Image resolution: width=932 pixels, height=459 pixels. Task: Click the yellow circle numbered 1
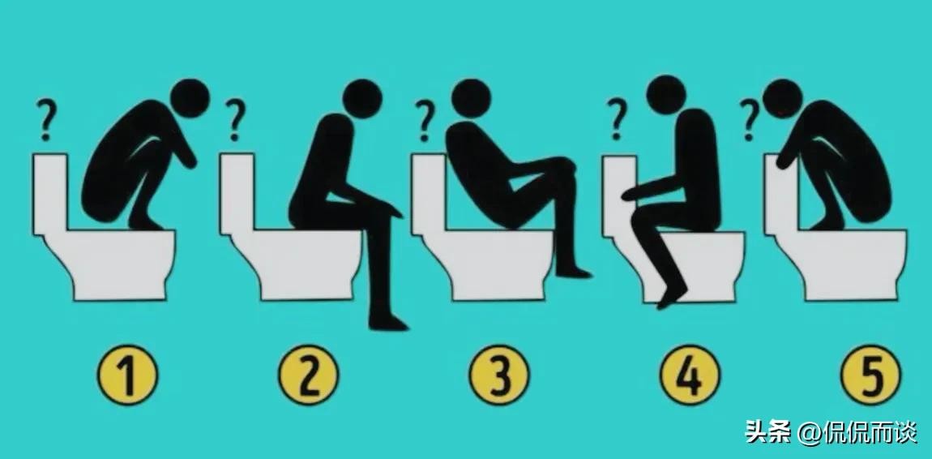tap(128, 375)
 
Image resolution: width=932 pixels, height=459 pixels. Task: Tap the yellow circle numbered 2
tap(309, 375)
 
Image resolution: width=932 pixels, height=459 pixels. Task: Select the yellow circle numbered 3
tap(499, 375)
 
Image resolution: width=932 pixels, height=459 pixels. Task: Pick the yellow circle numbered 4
tap(690, 375)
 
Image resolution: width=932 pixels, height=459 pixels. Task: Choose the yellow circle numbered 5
tap(870, 375)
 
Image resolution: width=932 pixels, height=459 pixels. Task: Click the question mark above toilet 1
tap(46, 120)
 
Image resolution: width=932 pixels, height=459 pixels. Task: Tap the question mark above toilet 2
tap(235, 120)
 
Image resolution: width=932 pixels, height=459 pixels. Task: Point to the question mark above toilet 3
tap(425, 120)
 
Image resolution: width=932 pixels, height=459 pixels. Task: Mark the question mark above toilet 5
tap(750, 120)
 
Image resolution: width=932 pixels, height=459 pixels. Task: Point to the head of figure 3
tap(472, 98)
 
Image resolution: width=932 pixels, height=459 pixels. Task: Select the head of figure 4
tap(666, 95)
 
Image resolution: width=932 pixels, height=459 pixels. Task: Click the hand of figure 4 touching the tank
tap(630, 193)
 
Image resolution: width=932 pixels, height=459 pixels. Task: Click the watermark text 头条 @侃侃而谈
tap(831, 432)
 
